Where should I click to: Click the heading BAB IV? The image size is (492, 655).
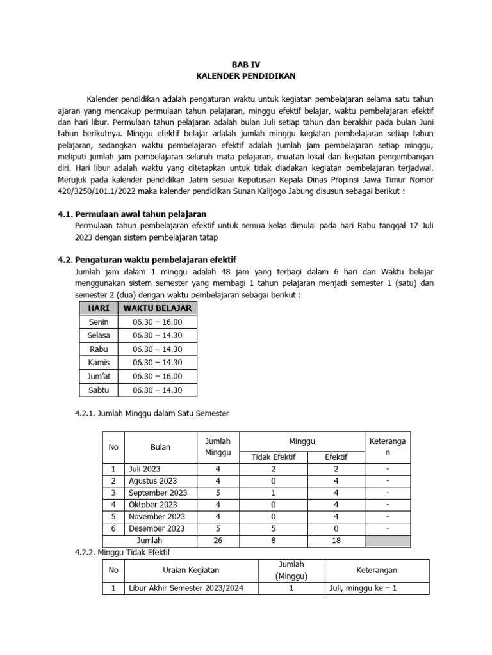pos(246,65)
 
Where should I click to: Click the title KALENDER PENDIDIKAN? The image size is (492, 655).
pos(246,76)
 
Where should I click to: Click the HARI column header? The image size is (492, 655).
pos(99,308)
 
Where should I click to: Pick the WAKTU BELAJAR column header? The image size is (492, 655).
pos(157,308)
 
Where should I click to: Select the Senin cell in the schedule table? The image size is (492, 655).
pos(99,322)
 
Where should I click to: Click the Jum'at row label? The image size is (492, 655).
pos(99,376)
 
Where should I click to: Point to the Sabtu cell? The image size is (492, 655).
pos(99,390)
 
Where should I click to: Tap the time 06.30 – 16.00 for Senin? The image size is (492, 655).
pos(157,322)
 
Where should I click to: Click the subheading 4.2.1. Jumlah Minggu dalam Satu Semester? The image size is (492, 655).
pos(152,414)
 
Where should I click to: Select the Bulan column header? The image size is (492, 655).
pos(160,448)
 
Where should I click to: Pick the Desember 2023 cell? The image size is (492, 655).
pos(156,528)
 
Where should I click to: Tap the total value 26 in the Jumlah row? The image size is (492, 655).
pos(218,541)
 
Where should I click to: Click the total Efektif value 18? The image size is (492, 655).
pos(336,541)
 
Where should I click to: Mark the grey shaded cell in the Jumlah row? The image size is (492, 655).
pos(388,541)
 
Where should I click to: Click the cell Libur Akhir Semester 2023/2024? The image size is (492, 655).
pos(186,589)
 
